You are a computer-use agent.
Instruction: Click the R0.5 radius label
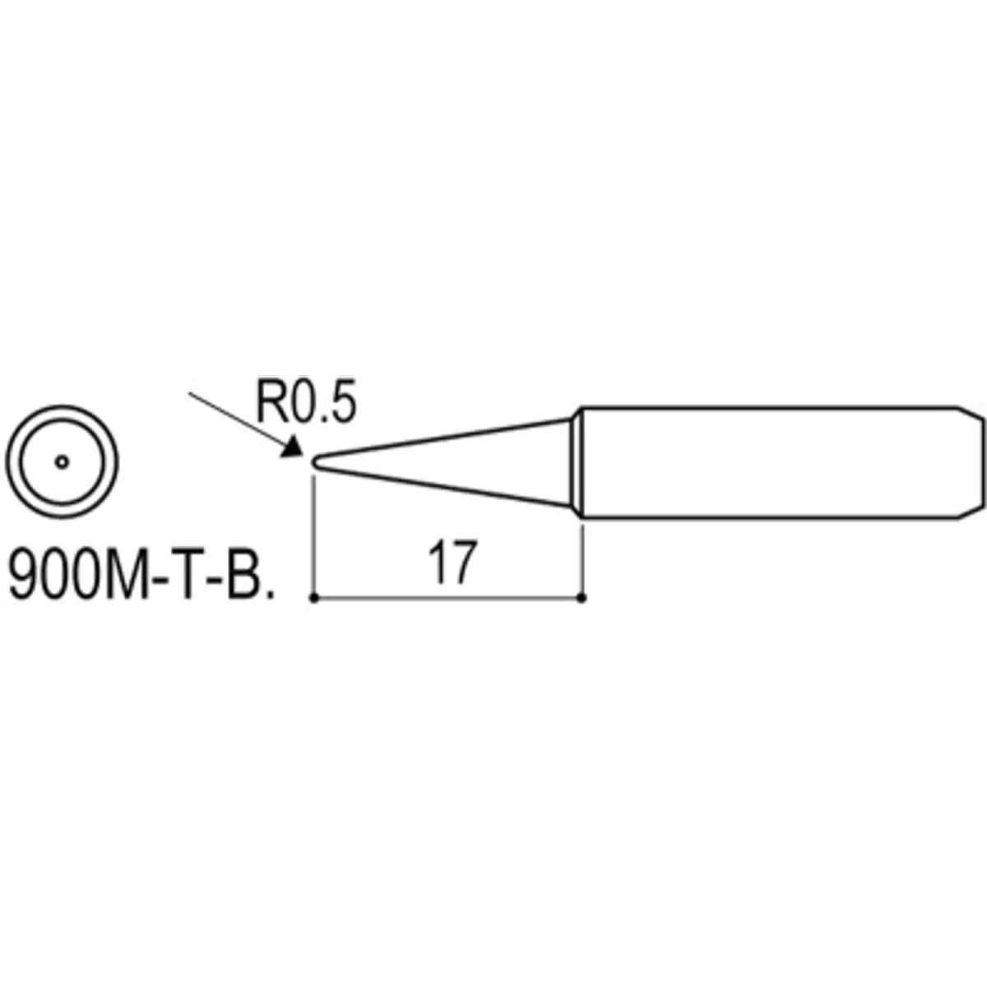[306, 402]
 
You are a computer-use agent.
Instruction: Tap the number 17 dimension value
[452, 563]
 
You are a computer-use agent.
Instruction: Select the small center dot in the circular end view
[62, 462]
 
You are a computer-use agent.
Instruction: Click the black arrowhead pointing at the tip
[293, 446]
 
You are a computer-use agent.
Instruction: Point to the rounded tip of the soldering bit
[315, 461]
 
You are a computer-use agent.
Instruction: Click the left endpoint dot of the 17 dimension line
[314, 598]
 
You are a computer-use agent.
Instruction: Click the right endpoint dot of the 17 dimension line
[582, 598]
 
